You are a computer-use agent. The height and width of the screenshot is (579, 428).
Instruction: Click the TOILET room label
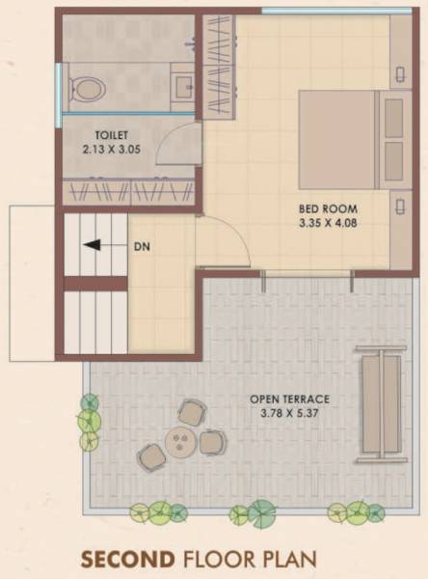(112, 134)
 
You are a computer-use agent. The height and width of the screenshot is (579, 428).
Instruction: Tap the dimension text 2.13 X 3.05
(112, 150)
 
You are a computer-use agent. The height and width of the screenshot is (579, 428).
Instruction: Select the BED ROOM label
(330, 208)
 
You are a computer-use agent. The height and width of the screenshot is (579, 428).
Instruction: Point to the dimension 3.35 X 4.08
(329, 225)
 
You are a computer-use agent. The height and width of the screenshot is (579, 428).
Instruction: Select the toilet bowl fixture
(87, 88)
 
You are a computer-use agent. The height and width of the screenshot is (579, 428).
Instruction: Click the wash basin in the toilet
(183, 88)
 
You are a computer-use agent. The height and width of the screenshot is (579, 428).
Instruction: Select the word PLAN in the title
(290, 559)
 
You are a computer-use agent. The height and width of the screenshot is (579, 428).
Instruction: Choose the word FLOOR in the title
(221, 559)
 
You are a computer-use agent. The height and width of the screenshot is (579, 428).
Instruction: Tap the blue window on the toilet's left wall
(60, 87)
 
